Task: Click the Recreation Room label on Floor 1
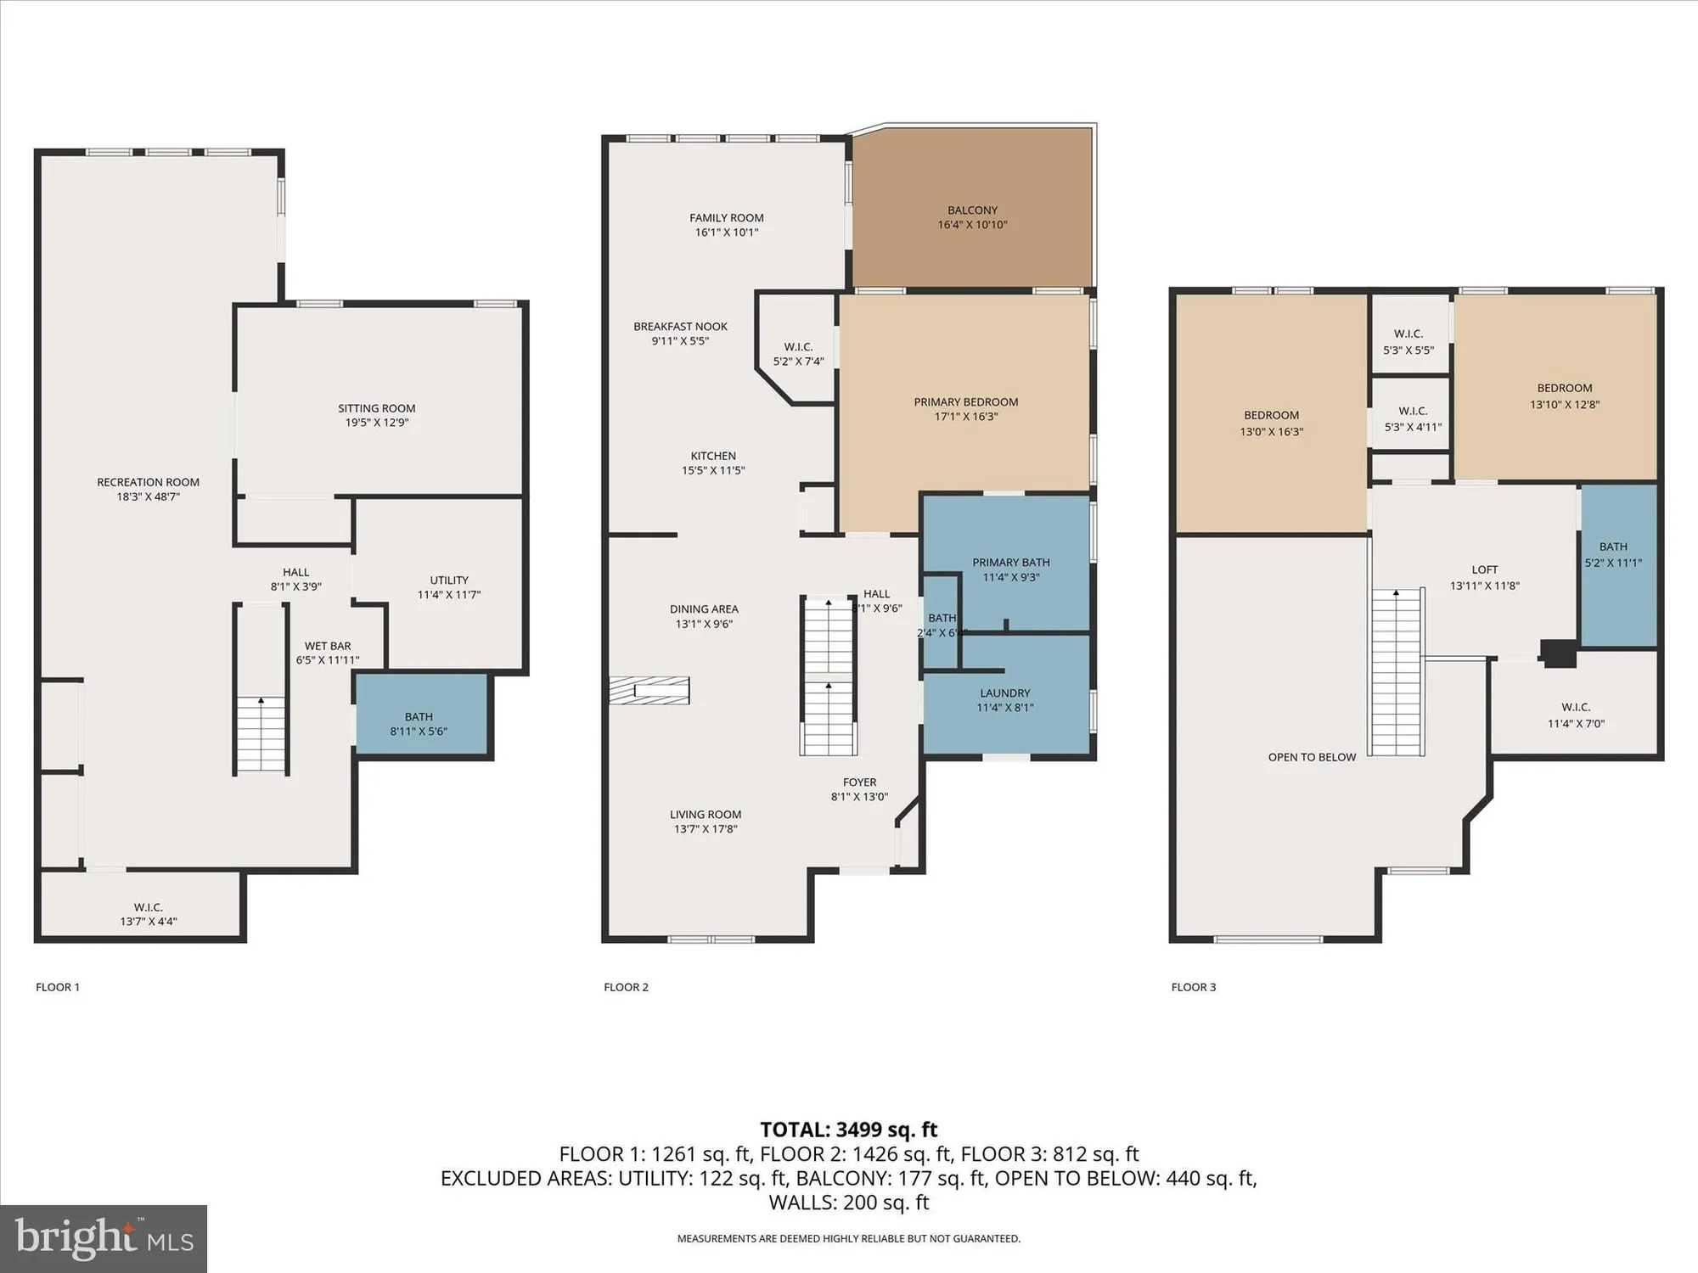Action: point(148,482)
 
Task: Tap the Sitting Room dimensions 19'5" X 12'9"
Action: point(376,423)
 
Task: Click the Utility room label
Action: point(449,580)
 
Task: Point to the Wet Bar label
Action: point(328,646)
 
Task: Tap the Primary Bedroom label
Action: point(965,402)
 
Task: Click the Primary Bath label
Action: point(1010,563)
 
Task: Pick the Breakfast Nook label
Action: point(680,327)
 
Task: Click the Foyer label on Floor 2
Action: point(859,782)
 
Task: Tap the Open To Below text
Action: point(1312,757)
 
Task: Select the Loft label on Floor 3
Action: point(1484,570)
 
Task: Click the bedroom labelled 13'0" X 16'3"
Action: point(1271,423)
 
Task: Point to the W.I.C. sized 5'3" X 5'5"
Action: point(1408,341)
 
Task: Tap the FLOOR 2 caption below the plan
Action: point(626,987)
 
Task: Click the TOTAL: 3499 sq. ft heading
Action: point(848,1130)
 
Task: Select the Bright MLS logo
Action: point(104,1238)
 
